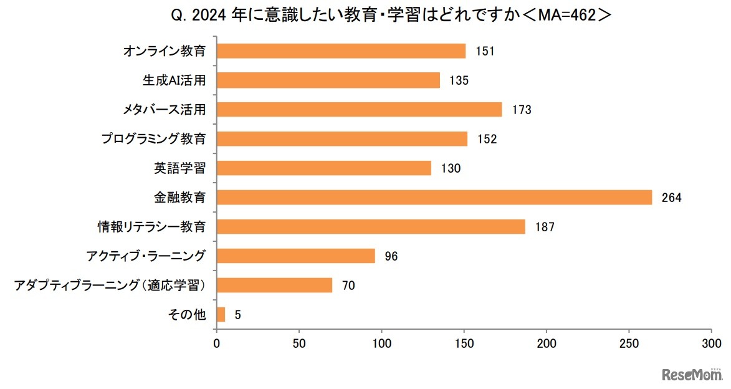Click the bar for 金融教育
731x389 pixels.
pos(434,198)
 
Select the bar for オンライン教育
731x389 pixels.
pos(341,51)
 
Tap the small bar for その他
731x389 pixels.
pos(221,315)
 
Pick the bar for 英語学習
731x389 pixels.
pos(323,168)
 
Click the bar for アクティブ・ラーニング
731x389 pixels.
pos(295,256)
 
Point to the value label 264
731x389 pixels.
pos(672,198)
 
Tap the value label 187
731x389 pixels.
pos(544,227)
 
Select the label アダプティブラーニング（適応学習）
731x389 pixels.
pos(110,286)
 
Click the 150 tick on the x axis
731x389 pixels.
pos(464,343)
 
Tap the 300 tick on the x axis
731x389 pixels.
pos(711,343)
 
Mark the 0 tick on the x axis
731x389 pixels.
pos(216,343)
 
